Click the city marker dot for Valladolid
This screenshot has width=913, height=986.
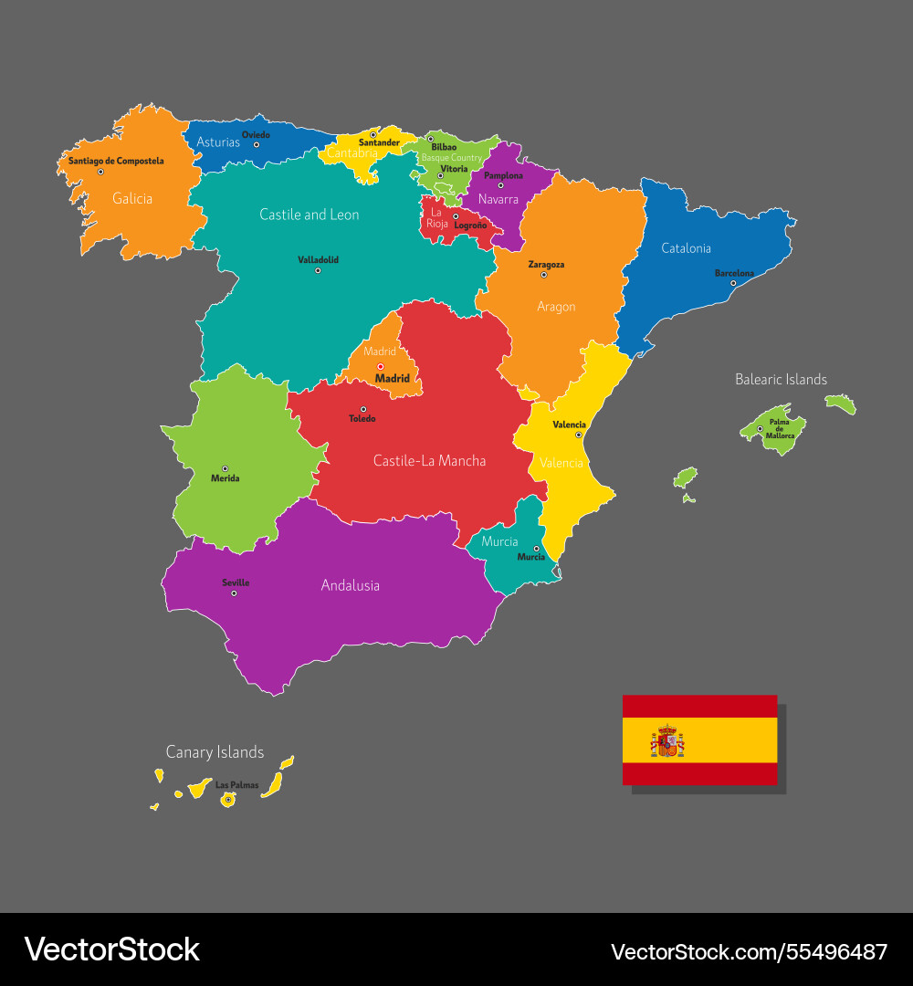(318, 270)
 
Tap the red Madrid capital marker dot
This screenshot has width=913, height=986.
(381, 367)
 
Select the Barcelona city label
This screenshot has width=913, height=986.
(734, 273)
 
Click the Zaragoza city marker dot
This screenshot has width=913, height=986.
(543, 275)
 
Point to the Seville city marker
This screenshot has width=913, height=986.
(234, 593)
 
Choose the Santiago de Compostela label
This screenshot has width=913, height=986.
(116, 161)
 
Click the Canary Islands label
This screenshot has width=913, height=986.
(215, 752)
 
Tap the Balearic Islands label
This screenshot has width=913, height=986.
(781, 379)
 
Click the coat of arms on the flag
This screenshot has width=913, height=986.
(667, 741)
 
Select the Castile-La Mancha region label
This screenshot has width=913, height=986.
(429, 461)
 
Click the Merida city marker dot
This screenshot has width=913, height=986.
(225, 469)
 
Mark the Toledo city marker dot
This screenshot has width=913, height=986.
(363, 409)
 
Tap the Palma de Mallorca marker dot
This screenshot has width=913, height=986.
(760, 429)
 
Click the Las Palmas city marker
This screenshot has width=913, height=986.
(228, 800)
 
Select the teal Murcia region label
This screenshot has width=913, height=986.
(499, 541)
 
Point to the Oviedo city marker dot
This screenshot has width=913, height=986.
(257, 144)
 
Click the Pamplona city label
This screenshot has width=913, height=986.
(503, 175)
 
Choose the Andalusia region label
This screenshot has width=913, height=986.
(350, 585)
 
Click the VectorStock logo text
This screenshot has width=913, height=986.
(111, 949)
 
